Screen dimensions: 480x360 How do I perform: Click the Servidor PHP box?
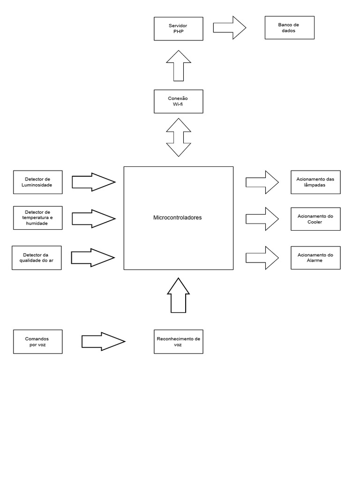[x=178, y=28]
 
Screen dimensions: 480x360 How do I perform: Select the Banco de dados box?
[x=289, y=28]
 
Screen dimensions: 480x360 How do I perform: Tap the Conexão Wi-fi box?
[x=178, y=101]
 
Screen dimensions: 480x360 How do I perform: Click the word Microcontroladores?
[x=178, y=218]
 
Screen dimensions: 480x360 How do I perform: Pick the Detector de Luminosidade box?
[x=37, y=182]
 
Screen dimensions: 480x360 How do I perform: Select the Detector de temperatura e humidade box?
[x=37, y=218]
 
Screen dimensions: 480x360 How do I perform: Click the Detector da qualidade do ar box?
[x=37, y=258]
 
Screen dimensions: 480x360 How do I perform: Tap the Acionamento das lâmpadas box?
[x=315, y=182]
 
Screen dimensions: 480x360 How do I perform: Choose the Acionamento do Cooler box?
[x=315, y=219]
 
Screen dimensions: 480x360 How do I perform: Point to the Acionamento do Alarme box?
[x=315, y=257]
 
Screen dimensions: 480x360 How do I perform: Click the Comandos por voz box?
[x=37, y=342]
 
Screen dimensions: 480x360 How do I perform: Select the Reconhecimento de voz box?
[x=178, y=342]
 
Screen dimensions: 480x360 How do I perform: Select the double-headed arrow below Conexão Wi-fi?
[x=178, y=137]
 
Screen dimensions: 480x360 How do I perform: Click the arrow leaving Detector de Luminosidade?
[x=93, y=182]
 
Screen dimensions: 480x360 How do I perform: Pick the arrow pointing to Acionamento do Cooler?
[x=262, y=219]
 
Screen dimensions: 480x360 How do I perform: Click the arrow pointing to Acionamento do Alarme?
[x=262, y=257]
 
